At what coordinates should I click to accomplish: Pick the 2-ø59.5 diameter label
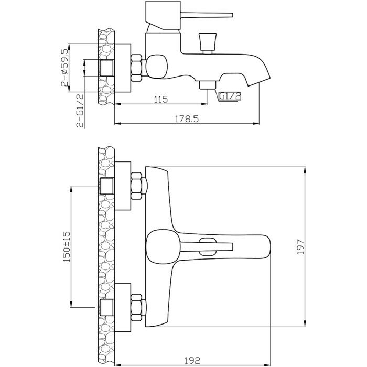(x=65, y=67)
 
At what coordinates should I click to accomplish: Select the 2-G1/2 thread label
(x=80, y=111)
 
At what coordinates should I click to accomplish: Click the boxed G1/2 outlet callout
(x=229, y=96)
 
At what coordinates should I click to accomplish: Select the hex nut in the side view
(x=137, y=68)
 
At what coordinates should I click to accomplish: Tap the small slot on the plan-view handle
(x=208, y=242)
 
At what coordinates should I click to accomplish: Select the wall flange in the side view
(x=122, y=68)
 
